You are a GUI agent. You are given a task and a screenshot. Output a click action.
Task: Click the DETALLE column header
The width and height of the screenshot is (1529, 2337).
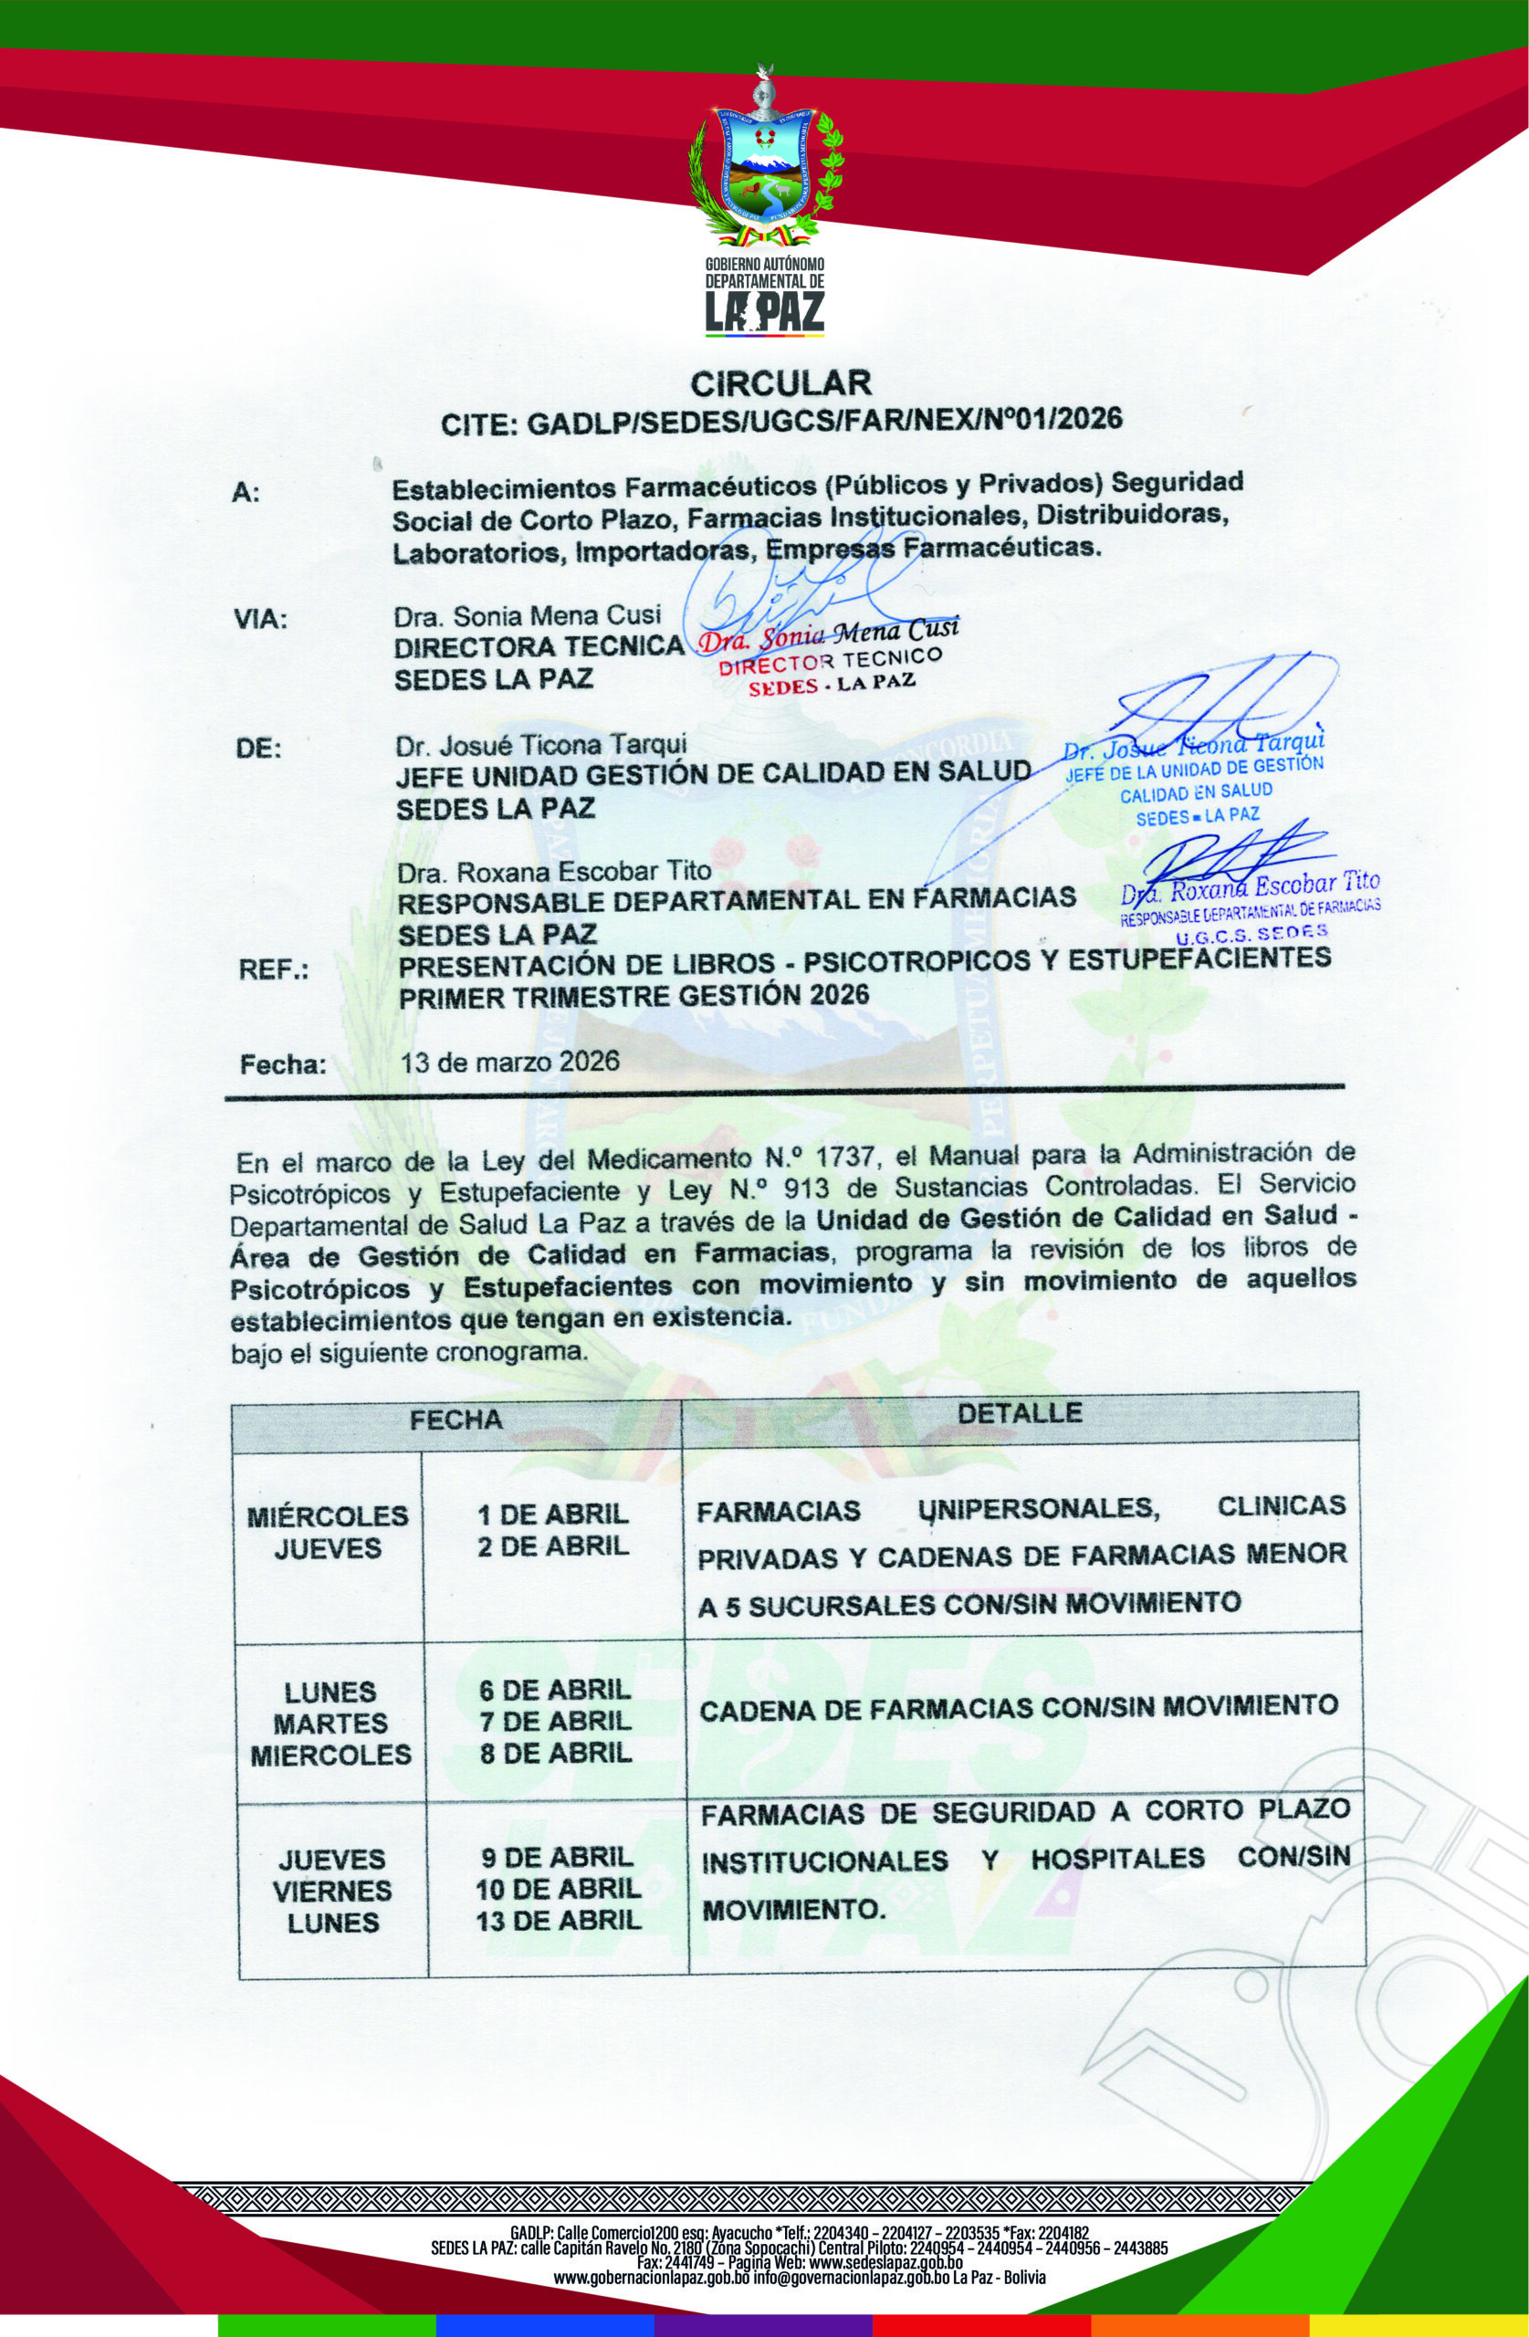[1020, 1413]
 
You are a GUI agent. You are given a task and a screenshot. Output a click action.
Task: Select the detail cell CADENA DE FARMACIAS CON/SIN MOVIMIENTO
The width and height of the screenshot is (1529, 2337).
[1020, 1704]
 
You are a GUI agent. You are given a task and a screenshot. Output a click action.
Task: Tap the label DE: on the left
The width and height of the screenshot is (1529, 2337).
[258, 750]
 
